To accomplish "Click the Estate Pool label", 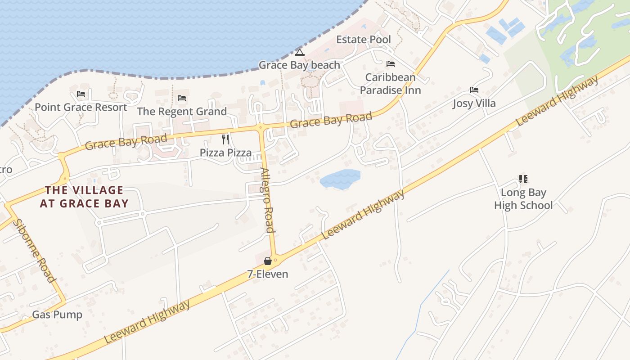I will pyautogui.click(x=364, y=40).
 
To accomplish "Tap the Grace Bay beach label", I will pyautogui.click(x=299, y=65).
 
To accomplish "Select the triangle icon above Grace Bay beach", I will pyautogui.click(x=300, y=53).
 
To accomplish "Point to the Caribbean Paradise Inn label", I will pyautogui.click(x=390, y=84).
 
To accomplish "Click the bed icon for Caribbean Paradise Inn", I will pyautogui.click(x=391, y=64).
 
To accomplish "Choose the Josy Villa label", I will pyautogui.click(x=474, y=103).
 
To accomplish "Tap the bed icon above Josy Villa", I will pyautogui.click(x=474, y=90).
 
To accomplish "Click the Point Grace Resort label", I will pyautogui.click(x=81, y=108).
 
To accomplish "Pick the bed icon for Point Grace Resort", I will pyautogui.click(x=81, y=94).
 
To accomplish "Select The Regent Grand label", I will pyautogui.click(x=182, y=112).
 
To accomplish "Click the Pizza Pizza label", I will pyautogui.click(x=226, y=153).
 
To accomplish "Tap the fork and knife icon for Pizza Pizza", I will pyautogui.click(x=226, y=139).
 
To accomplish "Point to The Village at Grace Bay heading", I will pyautogui.click(x=84, y=197).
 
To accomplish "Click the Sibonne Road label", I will pyautogui.click(x=35, y=250).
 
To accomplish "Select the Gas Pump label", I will pyautogui.click(x=57, y=315).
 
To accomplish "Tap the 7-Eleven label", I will pyautogui.click(x=268, y=274).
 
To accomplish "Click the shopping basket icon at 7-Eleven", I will pyautogui.click(x=268, y=261).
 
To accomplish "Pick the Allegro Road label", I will pyautogui.click(x=267, y=200).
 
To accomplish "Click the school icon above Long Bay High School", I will pyautogui.click(x=523, y=180).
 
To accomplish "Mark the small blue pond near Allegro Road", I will pyautogui.click(x=340, y=179).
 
